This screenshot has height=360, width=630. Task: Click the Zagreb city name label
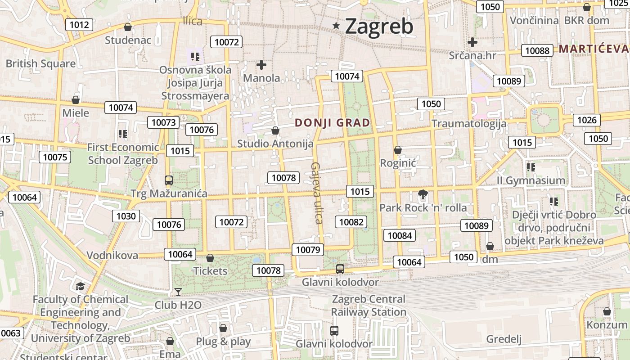point(379,27)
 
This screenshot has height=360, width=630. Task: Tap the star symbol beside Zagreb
point(336,26)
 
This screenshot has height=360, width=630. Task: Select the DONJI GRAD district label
point(333,122)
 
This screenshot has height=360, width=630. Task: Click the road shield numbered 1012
point(79,25)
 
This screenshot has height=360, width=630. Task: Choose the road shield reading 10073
point(163,122)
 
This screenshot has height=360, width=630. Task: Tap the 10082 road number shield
point(351,222)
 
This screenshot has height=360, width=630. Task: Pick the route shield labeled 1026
point(587,120)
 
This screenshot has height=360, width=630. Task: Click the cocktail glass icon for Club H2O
point(178,292)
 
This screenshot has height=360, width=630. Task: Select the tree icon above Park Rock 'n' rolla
point(423,195)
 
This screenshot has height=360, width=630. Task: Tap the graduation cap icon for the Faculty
point(80,286)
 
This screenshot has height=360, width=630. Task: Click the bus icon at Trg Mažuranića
point(169,180)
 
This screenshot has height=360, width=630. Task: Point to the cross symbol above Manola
point(261,65)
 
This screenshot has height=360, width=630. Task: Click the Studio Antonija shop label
point(275,144)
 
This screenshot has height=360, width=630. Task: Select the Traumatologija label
point(469,123)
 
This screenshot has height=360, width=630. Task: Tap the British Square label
point(40,63)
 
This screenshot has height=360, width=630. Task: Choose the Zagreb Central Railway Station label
point(369,306)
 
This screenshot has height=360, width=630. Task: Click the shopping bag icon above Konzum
point(607,311)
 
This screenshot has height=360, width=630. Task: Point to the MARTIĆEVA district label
point(593,49)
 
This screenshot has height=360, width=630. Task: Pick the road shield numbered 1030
point(126,216)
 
